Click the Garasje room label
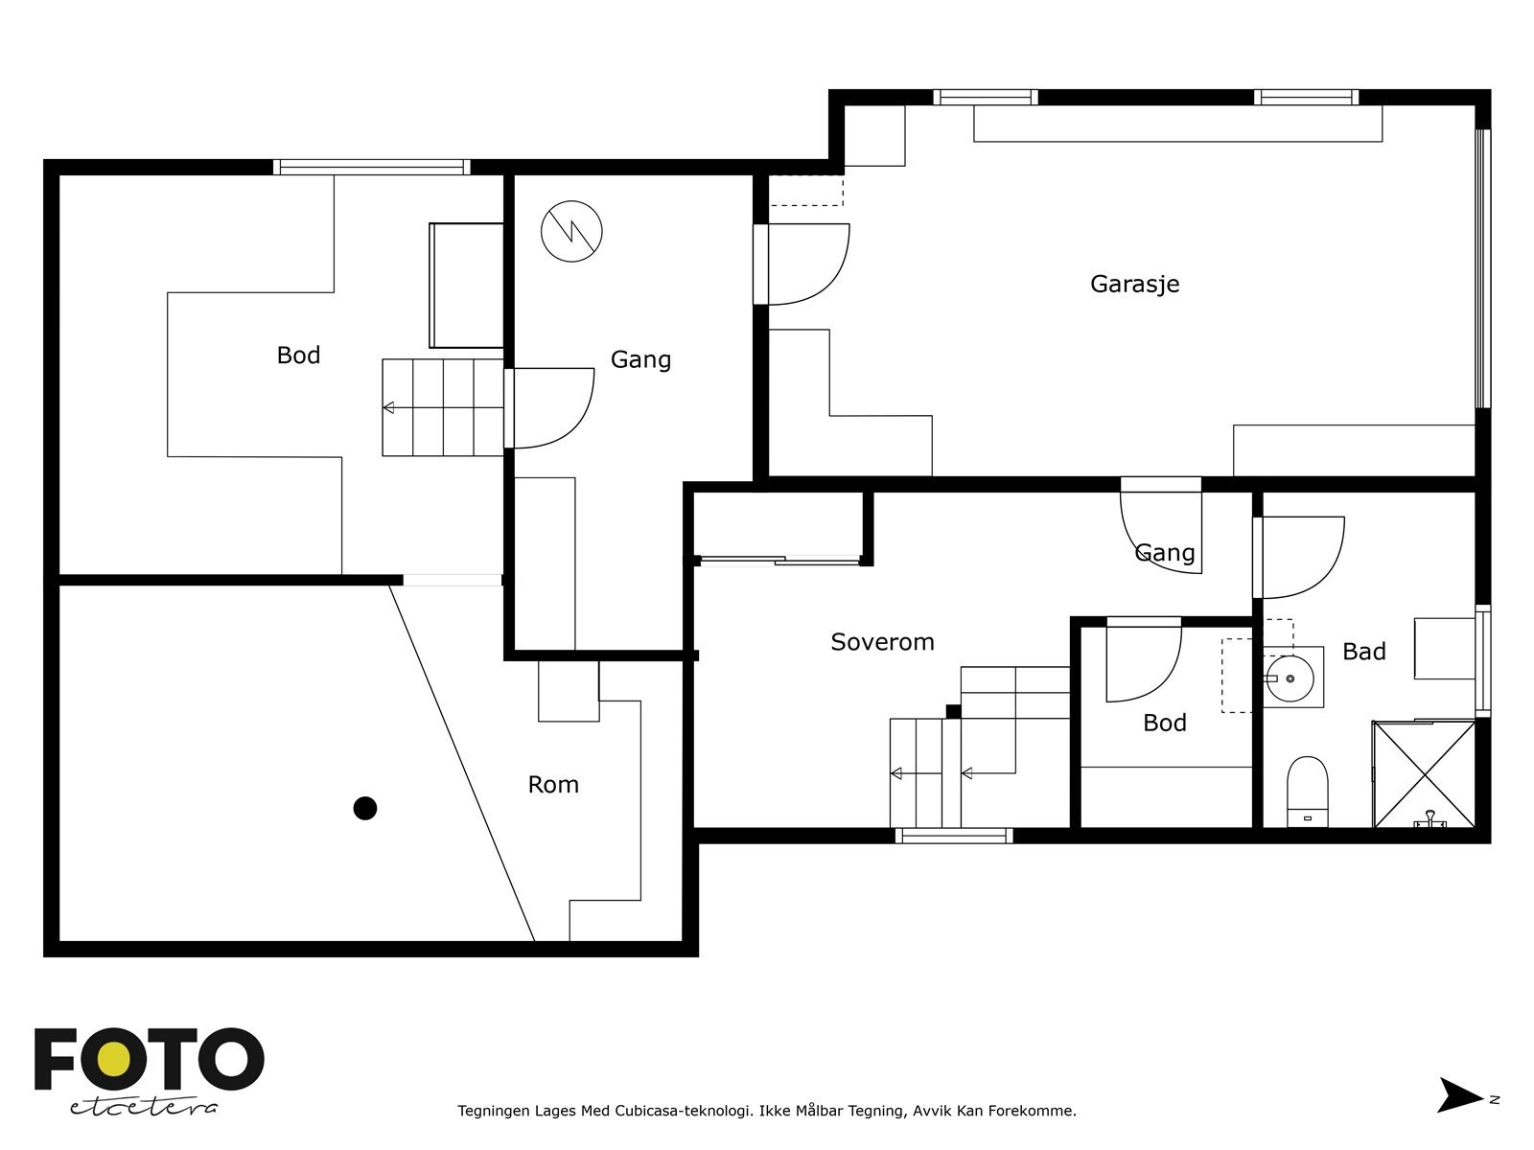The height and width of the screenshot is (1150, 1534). click(1134, 284)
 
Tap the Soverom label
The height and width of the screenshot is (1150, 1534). click(882, 642)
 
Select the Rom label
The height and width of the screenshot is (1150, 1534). click(553, 785)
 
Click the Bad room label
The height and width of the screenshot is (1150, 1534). click(1363, 652)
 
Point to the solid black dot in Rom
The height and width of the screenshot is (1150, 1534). click(364, 808)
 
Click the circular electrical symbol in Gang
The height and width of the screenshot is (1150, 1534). click(571, 231)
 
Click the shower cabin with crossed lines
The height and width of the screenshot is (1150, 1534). click(1424, 773)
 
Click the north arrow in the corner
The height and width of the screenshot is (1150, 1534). click(1459, 1094)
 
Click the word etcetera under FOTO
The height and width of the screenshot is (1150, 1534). click(144, 1107)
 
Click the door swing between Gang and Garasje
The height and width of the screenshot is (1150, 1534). click(805, 264)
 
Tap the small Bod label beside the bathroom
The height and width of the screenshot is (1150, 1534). click(1164, 723)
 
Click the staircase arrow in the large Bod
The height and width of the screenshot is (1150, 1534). click(389, 408)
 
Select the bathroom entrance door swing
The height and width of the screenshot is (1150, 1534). click(1299, 556)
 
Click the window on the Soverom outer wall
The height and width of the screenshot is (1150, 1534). click(953, 836)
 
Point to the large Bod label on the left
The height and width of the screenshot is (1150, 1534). click(298, 356)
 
